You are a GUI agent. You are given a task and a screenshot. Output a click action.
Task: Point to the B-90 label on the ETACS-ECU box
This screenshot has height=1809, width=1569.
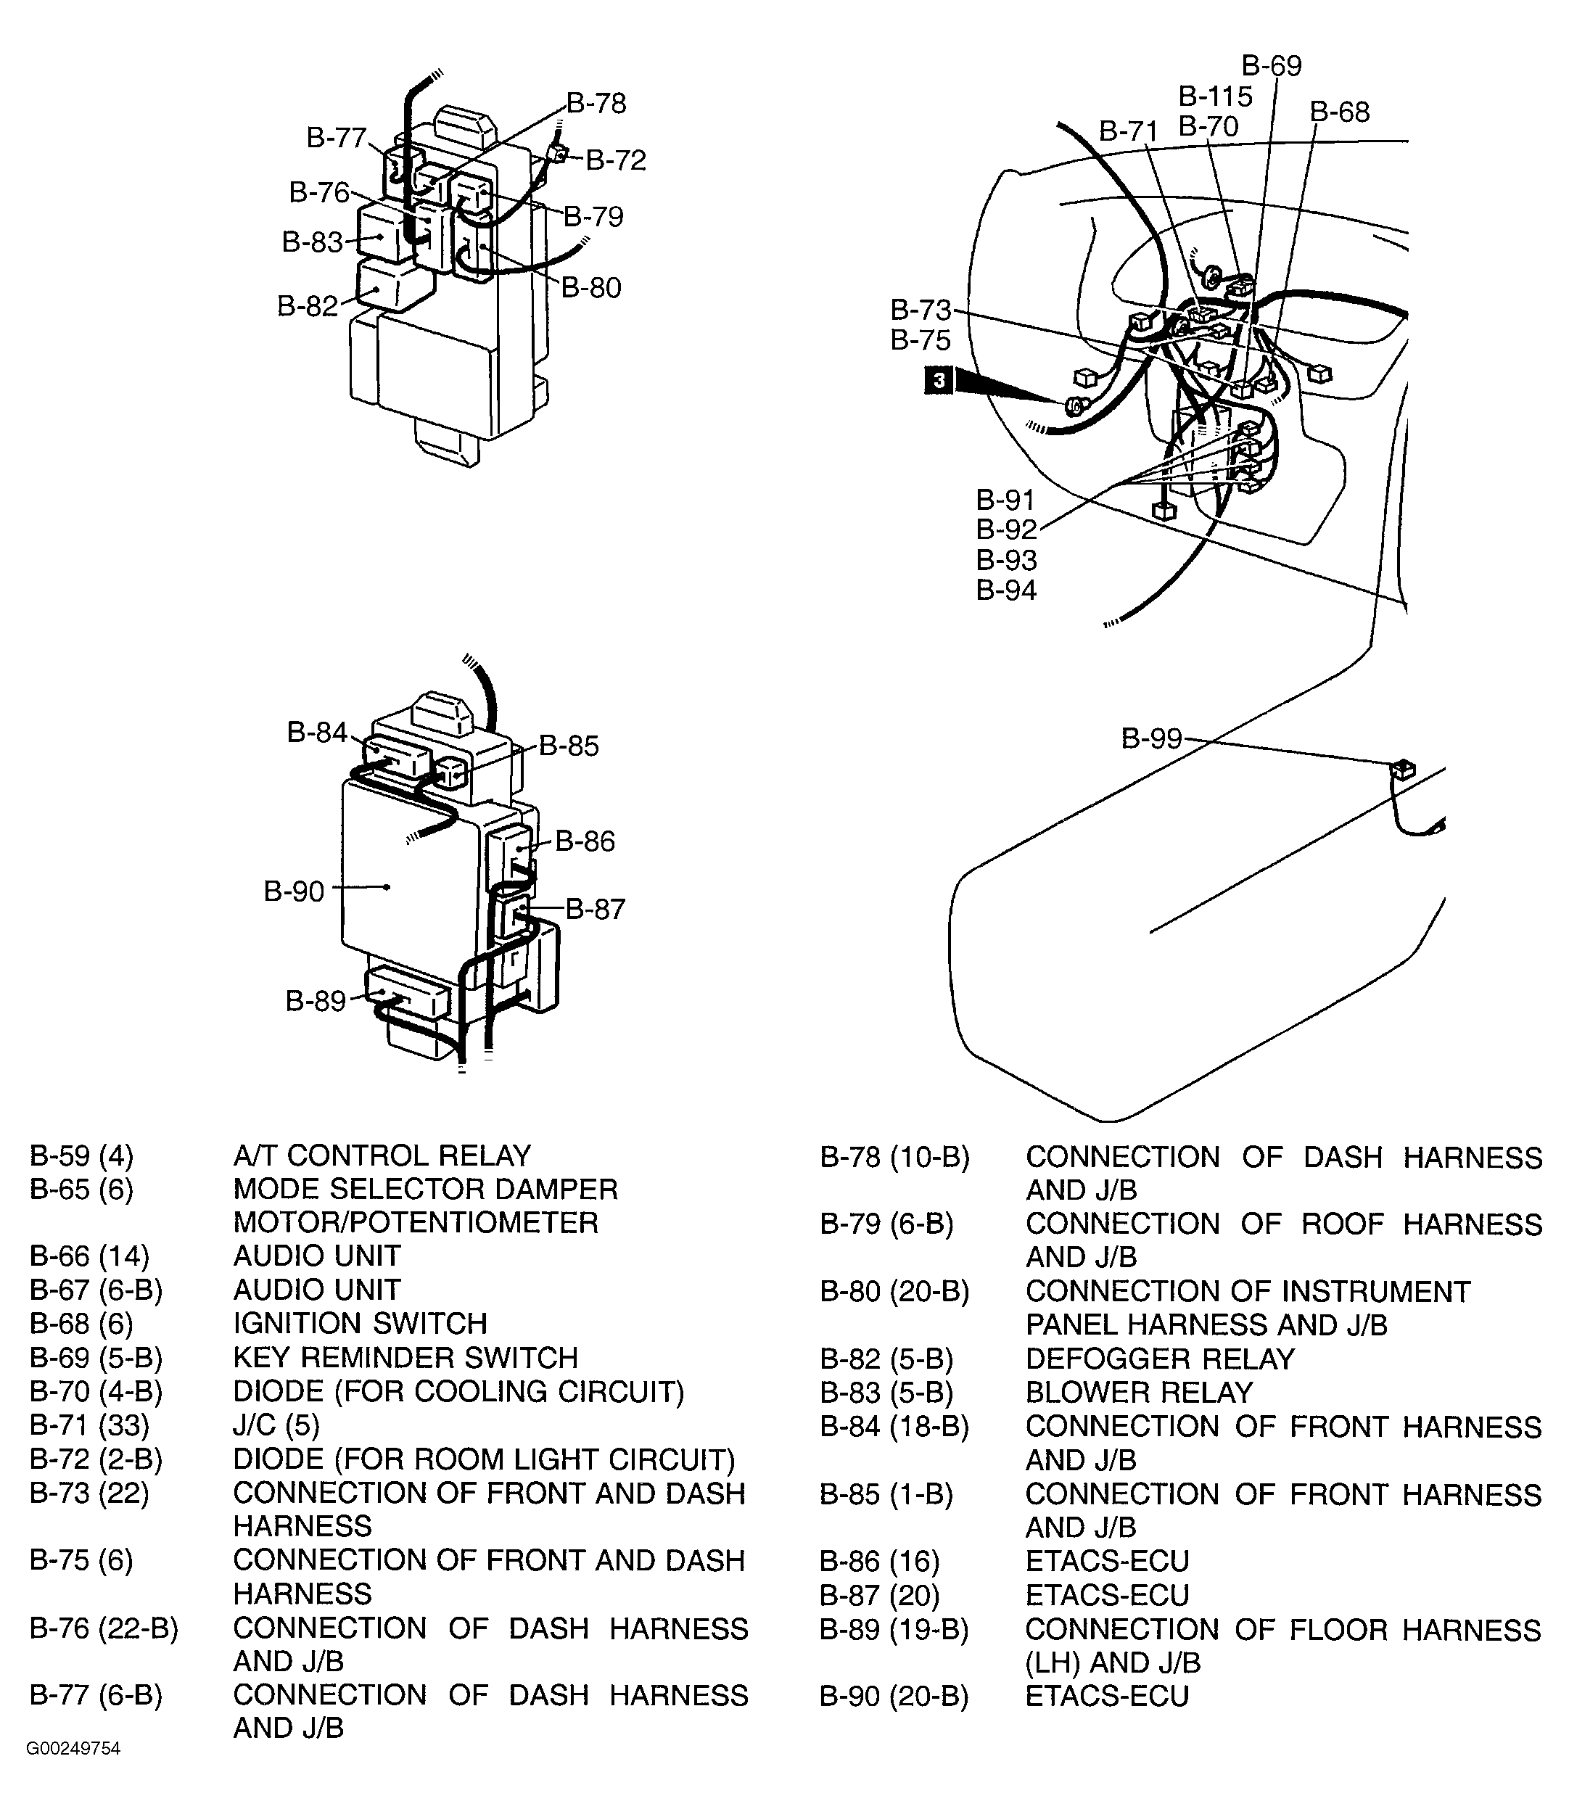[295, 891]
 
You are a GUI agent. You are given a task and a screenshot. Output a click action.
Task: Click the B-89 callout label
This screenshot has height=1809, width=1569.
[316, 1001]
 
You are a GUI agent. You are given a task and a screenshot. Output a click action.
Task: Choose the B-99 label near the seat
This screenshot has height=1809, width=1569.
[1151, 739]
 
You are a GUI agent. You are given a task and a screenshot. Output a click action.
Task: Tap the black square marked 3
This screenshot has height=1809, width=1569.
[939, 381]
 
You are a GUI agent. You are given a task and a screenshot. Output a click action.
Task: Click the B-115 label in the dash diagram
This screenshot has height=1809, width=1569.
[1215, 96]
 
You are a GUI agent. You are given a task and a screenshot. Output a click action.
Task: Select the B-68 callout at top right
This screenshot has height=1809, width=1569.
[1340, 112]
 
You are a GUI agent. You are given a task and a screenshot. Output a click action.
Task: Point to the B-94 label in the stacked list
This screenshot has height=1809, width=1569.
[1006, 590]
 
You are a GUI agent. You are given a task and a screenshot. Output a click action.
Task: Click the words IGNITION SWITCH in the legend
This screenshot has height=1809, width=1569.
[359, 1323]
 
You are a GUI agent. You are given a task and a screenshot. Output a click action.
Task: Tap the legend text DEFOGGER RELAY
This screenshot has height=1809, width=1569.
[1159, 1359]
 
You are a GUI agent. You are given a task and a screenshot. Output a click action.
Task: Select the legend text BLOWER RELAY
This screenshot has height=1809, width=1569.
[1138, 1392]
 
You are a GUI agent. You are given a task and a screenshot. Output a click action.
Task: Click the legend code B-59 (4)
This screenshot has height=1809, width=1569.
[81, 1155]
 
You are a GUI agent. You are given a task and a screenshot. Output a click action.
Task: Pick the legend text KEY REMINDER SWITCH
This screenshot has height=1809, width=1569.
[405, 1357]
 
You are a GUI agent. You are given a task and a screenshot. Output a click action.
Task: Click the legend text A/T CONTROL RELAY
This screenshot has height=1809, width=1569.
[382, 1155]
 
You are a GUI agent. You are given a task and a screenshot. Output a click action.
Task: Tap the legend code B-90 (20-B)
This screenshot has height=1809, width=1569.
[894, 1696]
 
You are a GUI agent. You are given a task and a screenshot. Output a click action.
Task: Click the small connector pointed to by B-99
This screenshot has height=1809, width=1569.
[1401, 769]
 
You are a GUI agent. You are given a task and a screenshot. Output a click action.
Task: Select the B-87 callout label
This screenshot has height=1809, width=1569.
[595, 909]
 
